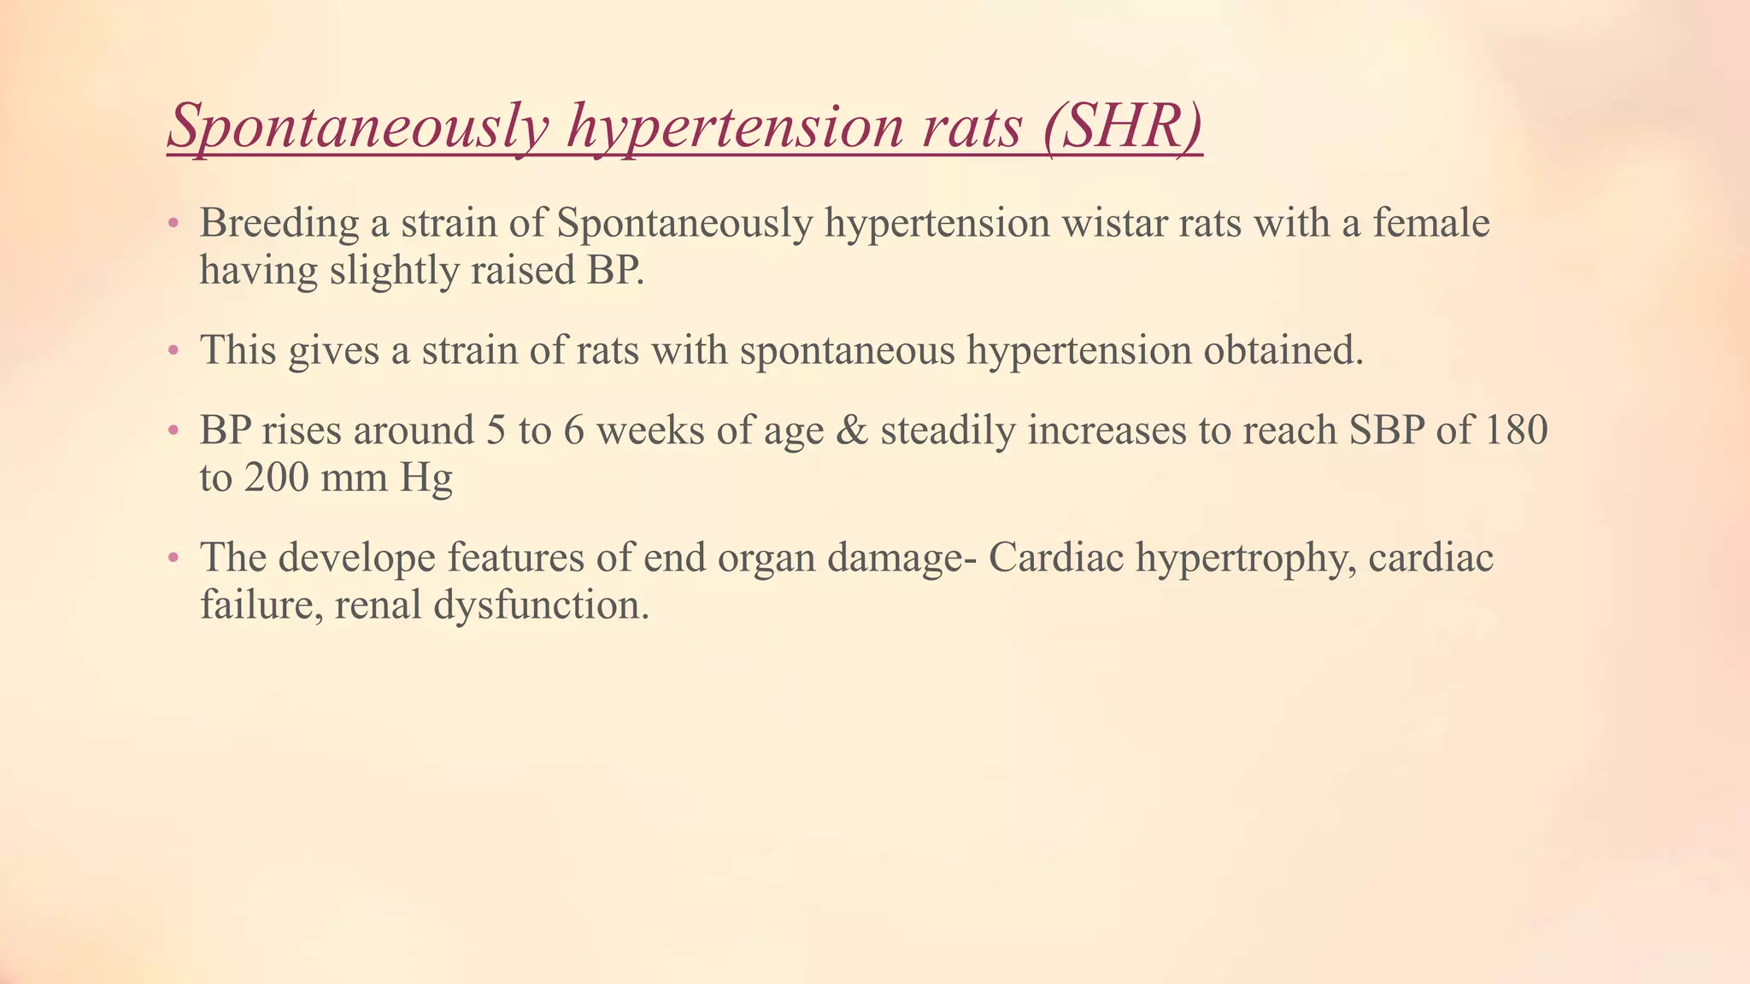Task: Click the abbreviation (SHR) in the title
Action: coord(1122,126)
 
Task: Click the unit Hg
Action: coord(426,477)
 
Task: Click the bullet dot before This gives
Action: coord(173,351)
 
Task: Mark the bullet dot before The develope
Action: coord(173,559)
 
